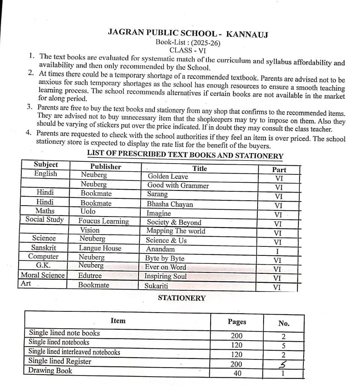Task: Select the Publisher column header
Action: pos(105,167)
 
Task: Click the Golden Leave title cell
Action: pos(168,176)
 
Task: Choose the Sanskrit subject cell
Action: pos(43,248)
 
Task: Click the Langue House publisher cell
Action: pos(100,248)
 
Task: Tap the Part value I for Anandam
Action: pos(278,251)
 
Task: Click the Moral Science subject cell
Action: pos(43,275)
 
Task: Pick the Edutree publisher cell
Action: pos(90,276)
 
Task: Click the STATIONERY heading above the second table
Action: pos(181,298)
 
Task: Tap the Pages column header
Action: pos(237,321)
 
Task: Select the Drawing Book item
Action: pos(51,371)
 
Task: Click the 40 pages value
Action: pos(237,373)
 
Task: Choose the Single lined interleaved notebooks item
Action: pos(74,352)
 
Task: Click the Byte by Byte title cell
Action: pos(165,258)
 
